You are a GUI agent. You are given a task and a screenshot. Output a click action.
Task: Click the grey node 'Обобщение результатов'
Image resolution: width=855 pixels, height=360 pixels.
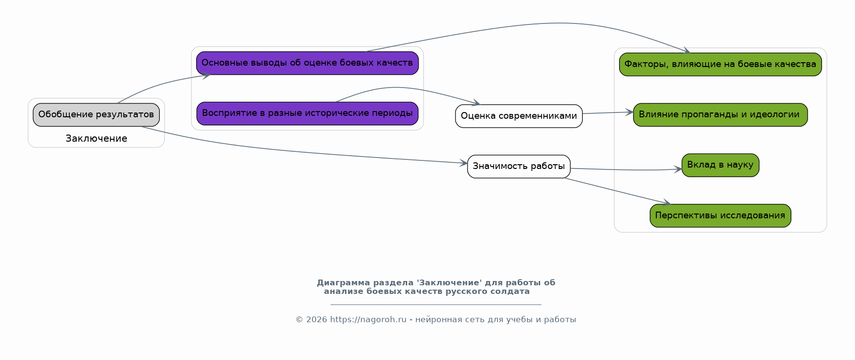tap(96, 115)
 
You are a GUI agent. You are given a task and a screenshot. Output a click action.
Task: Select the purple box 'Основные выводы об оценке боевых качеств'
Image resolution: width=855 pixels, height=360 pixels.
tap(307, 63)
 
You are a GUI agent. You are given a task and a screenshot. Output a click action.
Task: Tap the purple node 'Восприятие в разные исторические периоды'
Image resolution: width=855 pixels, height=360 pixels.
tap(307, 113)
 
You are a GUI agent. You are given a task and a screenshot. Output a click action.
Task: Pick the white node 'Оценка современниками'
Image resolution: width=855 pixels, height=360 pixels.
tap(519, 116)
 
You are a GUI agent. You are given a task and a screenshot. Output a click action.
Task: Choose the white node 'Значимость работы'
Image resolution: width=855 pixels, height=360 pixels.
tap(519, 167)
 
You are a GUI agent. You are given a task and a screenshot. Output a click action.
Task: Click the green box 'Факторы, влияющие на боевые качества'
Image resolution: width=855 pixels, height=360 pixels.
tap(720, 65)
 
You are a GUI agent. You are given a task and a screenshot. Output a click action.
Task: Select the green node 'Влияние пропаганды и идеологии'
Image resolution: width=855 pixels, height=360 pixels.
tap(720, 115)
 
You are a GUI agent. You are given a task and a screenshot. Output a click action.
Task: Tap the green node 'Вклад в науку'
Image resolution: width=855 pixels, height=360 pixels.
tap(720, 165)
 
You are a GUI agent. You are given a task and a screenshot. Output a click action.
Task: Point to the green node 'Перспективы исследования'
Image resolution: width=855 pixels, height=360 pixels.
tap(720, 216)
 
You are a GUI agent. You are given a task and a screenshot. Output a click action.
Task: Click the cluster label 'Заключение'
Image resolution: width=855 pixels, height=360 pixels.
tap(96, 139)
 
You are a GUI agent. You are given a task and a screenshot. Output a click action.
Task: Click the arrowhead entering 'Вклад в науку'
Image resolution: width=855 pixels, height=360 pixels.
tap(678, 169)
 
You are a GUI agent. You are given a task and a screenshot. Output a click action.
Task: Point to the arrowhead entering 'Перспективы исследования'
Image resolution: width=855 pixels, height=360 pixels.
tap(666, 203)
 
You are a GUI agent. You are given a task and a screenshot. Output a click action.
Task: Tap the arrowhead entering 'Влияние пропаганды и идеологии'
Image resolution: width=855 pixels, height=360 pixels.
tap(629, 112)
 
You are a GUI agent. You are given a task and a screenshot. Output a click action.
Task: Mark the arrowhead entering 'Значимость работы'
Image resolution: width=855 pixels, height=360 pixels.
tap(463, 163)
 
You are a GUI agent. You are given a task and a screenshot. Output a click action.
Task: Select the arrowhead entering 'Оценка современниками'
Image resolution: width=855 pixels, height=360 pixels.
tap(476, 102)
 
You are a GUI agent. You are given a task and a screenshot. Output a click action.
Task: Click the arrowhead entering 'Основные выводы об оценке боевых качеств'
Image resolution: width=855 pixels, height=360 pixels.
tap(206, 75)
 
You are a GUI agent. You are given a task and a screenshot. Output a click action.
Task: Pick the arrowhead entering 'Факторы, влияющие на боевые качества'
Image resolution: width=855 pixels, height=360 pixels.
tap(687, 51)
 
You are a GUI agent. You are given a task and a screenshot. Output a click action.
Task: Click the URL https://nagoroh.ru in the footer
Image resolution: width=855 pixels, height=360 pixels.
tap(368, 320)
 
